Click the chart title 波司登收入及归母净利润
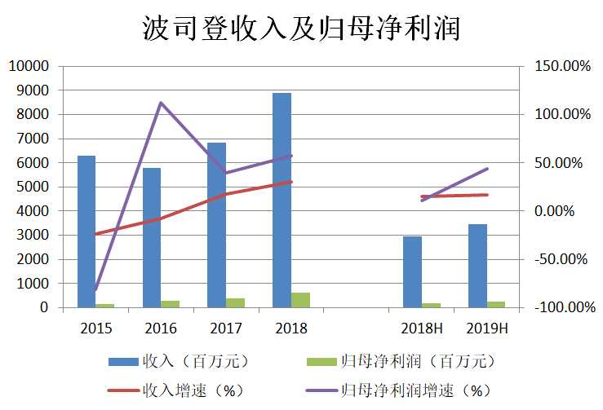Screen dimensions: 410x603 301,29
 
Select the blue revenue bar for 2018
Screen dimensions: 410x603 282,201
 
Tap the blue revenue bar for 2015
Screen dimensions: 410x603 86,231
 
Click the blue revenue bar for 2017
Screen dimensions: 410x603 216,225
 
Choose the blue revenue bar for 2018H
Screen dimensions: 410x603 412,272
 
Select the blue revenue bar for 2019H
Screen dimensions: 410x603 477,266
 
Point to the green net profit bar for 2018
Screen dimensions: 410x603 300,300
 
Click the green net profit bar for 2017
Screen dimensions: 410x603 236,303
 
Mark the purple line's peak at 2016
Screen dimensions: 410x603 161,103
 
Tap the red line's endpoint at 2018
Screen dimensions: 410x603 291,182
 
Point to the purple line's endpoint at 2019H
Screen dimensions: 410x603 487,169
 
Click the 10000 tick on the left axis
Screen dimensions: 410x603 29,66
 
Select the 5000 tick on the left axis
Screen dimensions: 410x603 33,187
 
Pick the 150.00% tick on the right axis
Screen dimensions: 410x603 559,66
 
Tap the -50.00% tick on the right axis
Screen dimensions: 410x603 559,259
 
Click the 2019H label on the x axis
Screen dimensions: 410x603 487,328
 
